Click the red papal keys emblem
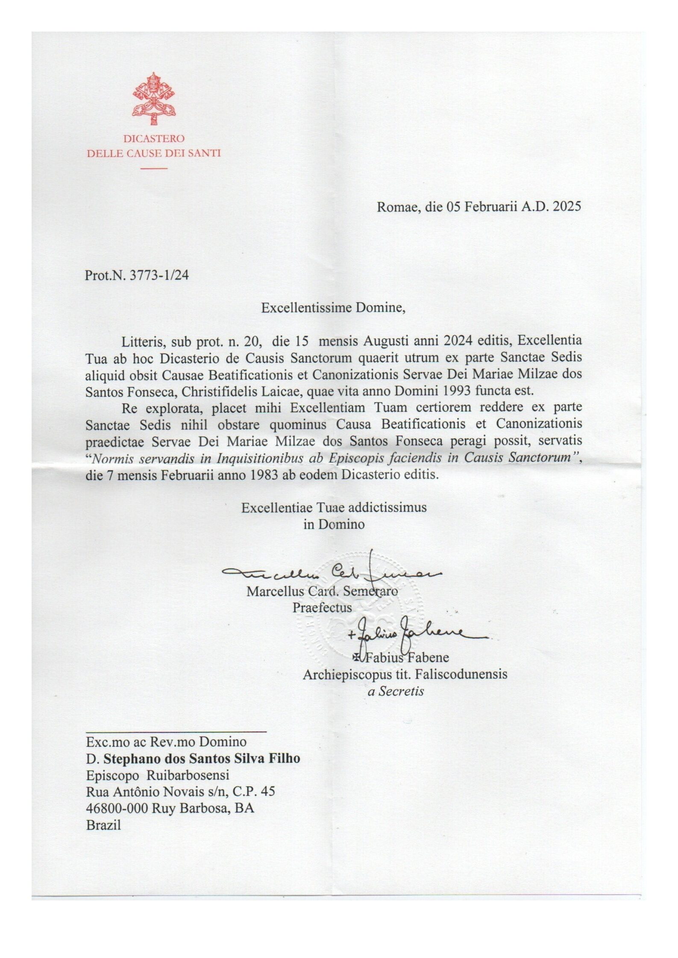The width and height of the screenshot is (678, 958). [154, 99]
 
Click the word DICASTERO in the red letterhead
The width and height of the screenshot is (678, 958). [154, 139]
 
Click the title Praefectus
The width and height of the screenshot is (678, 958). [322, 607]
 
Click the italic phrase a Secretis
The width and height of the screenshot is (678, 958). [396, 691]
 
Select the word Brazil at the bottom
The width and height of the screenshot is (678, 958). [103, 825]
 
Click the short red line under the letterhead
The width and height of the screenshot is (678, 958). [154, 168]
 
